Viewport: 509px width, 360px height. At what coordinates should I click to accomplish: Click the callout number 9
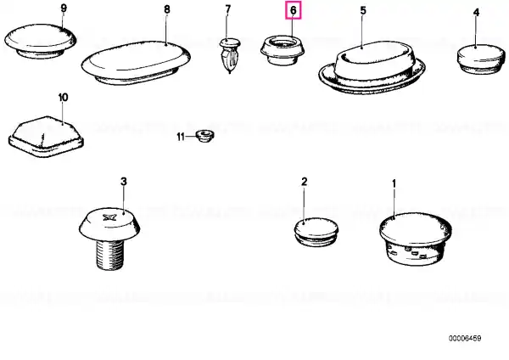(x=64, y=8)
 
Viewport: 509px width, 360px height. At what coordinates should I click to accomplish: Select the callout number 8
(x=167, y=9)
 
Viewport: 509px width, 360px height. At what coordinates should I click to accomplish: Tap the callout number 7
(x=228, y=9)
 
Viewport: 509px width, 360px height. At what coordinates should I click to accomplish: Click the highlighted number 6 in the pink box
(x=294, y=10)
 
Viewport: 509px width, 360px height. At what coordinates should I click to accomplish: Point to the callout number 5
(x=363, y=11)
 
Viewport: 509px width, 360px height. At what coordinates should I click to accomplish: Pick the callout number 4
(x=476, y=13)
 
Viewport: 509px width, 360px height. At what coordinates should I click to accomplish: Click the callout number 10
(x=64, y=97)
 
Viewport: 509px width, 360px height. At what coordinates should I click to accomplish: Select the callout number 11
(x=181, y=137)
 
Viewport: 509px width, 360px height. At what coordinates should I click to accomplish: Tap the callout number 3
(x=124, y=182)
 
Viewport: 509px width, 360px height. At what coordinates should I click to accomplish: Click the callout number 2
(x=304, y=182)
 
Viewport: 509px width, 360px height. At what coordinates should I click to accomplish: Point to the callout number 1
(x=394, y=184)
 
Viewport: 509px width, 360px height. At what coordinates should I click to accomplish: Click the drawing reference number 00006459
(x=465, y=338)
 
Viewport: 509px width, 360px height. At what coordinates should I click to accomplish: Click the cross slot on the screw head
(x=108, y=217)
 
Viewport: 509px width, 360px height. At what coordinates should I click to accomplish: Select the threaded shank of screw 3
(x=109, y=254)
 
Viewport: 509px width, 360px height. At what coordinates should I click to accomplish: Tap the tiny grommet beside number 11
(x=204, y=136)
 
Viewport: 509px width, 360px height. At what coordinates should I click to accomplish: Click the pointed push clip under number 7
(x=230, y=55)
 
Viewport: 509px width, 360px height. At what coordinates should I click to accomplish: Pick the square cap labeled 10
(x=46, y=137)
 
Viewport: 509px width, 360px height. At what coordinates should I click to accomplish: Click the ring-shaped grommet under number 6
(x=282, y=50)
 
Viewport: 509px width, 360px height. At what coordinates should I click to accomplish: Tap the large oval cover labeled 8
(x=136, y=63)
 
